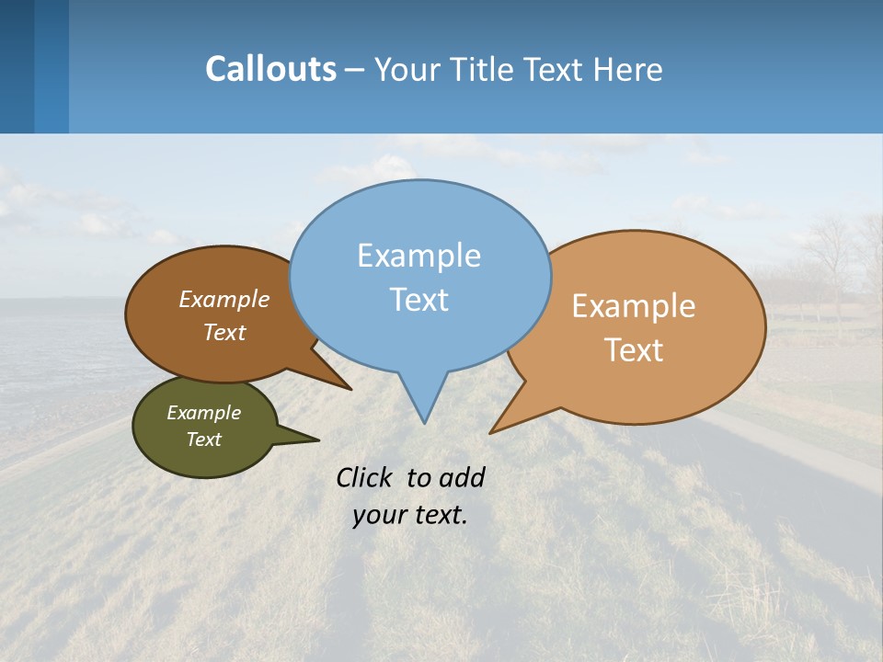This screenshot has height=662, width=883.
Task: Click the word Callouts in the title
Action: tap(270, 69)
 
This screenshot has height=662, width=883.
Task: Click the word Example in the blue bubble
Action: tap(419, 256)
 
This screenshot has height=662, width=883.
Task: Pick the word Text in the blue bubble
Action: tap(419, 300)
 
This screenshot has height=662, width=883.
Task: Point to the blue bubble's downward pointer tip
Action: tap(424, 421)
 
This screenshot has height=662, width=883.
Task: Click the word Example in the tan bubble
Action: tap(633, 306)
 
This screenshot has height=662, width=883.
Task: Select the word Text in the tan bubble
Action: tap(634, 350)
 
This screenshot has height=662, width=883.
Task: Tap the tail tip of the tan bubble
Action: tap(492, 431)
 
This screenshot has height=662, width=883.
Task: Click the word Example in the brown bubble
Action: tap(224, 299)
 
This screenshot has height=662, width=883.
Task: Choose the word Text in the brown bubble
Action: tap(224, 332)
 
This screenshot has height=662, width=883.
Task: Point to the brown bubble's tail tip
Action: tap(350, 389)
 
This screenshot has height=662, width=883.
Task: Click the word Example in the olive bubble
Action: tap(203, 413)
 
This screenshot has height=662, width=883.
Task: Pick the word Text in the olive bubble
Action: tap(203, 439)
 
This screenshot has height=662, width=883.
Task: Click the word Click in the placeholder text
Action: tap(364, 477)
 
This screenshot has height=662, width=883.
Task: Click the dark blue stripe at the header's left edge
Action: tap(17, 66)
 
